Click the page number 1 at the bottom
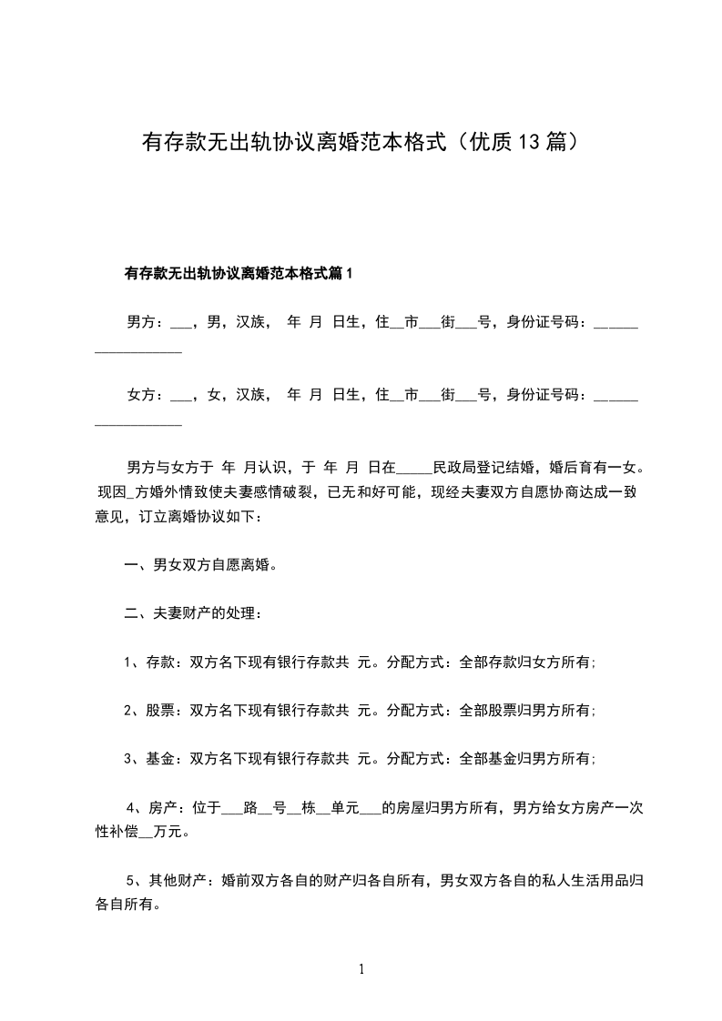point(361,969)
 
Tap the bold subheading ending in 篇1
point(238,272)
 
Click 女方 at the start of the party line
point(140,395)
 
